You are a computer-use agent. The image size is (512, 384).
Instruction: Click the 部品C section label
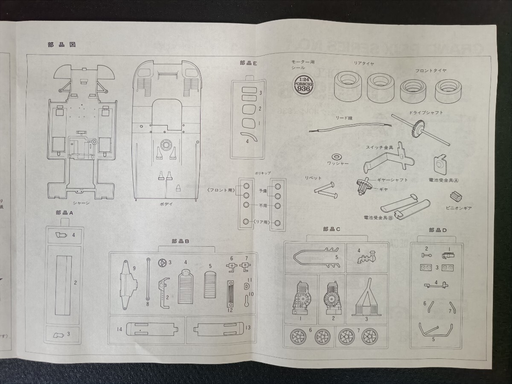[x=332, y=229]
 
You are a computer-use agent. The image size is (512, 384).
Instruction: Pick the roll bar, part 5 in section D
[x=436, y=329]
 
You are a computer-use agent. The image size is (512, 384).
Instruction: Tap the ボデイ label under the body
[x=166, y=204]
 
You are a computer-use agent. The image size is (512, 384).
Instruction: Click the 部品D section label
[x=437, y=230]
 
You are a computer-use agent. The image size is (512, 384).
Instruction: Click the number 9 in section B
[x=134, y=268]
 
